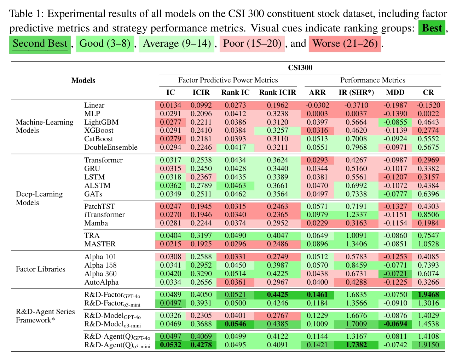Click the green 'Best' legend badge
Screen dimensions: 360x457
tap(432, 28)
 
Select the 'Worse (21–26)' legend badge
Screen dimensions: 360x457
tap(345, 44)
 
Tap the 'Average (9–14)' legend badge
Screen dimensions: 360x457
tap(177, 44)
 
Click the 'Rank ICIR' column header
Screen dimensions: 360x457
tap(277, 93)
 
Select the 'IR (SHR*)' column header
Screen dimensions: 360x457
tap(356, 93)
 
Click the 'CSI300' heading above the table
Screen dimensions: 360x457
tap(300, 68)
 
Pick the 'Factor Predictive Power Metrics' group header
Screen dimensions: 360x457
tap(228, 80)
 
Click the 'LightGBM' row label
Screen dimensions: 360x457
tap(101, 122)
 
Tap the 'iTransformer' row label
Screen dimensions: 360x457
tap(104, 215)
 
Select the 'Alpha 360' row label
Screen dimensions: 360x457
tap(100, 274)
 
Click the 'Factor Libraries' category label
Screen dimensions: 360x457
tap(41, 269)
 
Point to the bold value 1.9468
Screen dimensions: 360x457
tap(428, 295)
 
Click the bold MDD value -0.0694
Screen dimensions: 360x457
tap(395, 324)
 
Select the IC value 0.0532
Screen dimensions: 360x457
tap(170, 345)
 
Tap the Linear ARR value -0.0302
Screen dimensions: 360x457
tap(317, 105)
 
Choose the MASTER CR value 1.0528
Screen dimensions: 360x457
tap(428, 244)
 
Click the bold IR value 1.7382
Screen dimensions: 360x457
tap(356, 345)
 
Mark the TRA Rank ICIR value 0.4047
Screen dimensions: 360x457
tap(277, 236)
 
